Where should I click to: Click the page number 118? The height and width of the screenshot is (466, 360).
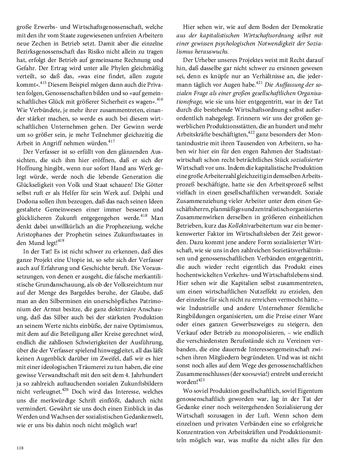20,448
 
